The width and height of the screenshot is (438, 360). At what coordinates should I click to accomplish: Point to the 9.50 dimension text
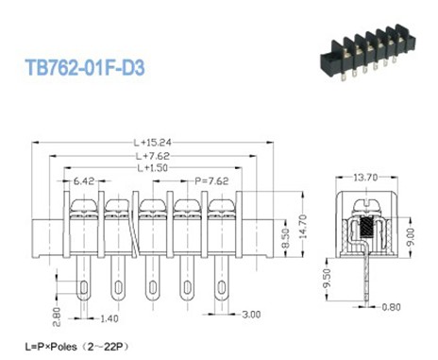(327, 278)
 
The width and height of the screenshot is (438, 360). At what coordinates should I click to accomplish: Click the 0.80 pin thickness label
(389, 306)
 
